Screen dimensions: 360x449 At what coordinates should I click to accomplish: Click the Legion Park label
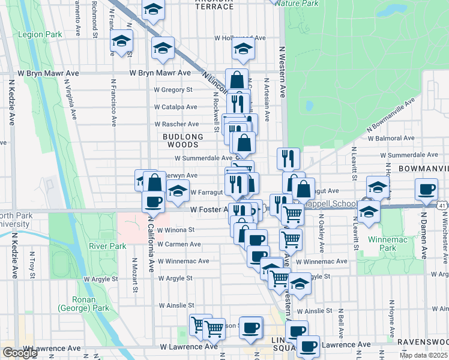[x=40, y=35]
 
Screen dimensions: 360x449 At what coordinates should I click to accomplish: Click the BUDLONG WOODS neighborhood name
[x=181, y=140]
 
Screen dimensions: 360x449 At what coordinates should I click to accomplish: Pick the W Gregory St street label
[x=172, y=90]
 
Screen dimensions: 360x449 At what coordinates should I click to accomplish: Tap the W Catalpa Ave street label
[x=175, y=107]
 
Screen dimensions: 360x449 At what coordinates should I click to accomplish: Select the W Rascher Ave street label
[x=176, y=124]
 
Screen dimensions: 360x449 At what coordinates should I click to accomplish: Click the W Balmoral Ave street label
[x=391, y=138]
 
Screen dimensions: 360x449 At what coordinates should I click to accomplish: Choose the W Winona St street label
[x=175, y=229]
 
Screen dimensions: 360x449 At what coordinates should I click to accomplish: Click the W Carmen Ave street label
[x=179, y=244]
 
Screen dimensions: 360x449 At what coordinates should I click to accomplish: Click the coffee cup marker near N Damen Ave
[x=427, y=190]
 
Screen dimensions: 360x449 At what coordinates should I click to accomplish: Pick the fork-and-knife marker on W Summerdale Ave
[x=288, y=158]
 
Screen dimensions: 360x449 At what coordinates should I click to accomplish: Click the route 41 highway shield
[x=442, y=205]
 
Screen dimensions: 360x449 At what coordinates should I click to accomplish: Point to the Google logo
[x=20, y=353]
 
